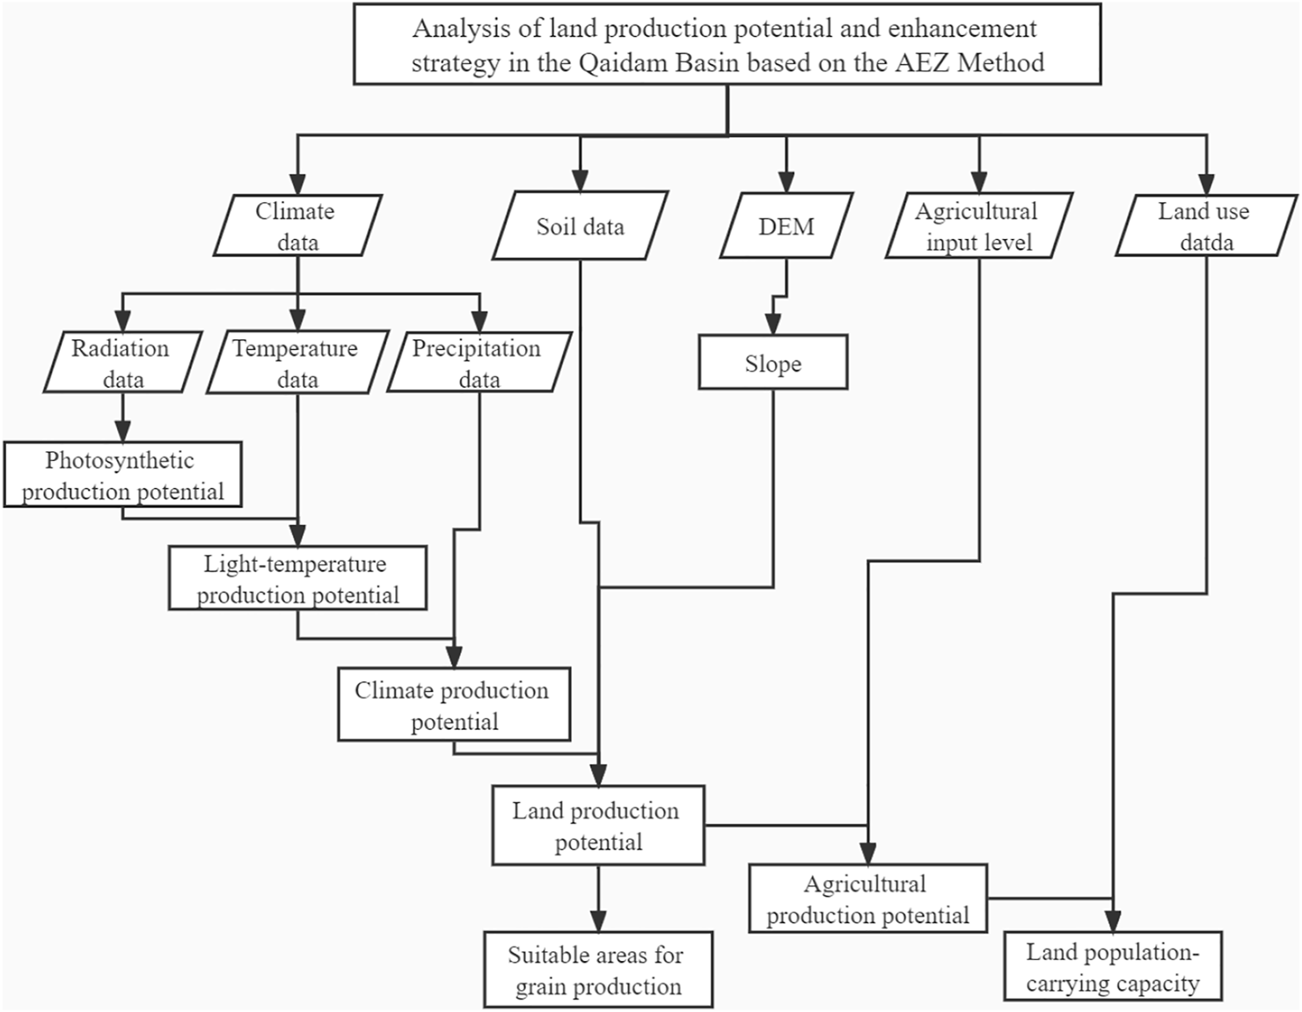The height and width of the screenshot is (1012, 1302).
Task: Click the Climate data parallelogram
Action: click(x=297, y=226)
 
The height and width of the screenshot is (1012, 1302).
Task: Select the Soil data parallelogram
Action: click(x=580, y=227)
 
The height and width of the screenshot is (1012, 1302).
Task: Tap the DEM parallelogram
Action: click(x=786, y=227)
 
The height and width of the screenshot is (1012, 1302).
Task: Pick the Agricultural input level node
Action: click(x=978, y=226)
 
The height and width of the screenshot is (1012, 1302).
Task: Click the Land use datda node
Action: click(x=1205, y=226)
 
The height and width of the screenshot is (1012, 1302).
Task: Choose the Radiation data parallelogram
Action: click(x=122, y=362)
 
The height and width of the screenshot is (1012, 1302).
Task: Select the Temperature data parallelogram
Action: click(x=296, y=362)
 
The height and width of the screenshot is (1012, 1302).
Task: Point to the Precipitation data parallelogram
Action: click(x=479, y=362)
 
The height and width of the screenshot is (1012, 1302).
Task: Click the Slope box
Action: click(x=772, y=362)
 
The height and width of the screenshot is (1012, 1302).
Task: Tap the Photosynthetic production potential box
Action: click(x=122, y=475)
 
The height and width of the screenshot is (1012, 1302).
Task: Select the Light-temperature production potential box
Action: click(x=297, y=579)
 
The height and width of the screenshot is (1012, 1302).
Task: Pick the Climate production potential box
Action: click(x=454, y=705)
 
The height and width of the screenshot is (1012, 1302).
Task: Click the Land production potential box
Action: click(x=598, y=826)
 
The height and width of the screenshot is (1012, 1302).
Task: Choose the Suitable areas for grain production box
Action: click(x=598, y=970)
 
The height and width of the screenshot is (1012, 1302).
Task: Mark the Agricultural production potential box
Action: click(x=867, y=899)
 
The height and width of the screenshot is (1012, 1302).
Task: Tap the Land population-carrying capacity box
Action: click(x=1113, y=966)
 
